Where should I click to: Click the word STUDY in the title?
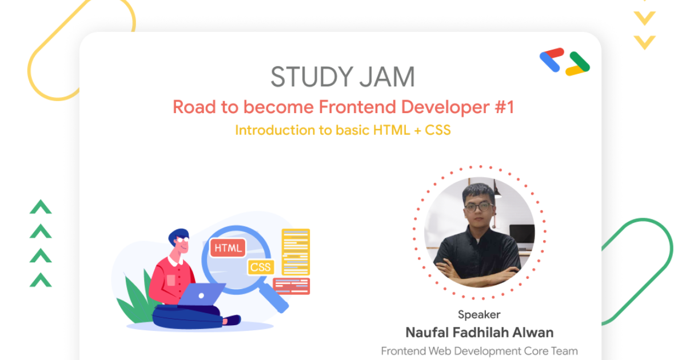tap(309, 77)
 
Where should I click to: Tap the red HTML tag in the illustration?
tap(228, 247)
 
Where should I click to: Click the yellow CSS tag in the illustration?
tap(261, 267)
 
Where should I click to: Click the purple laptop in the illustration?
tap(200, 294)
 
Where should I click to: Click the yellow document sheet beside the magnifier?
tap(296, 251)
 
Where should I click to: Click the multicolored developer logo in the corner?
tap(564, 62)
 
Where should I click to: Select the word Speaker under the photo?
tap(479, 314)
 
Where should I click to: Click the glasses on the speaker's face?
tap(478, 206)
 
